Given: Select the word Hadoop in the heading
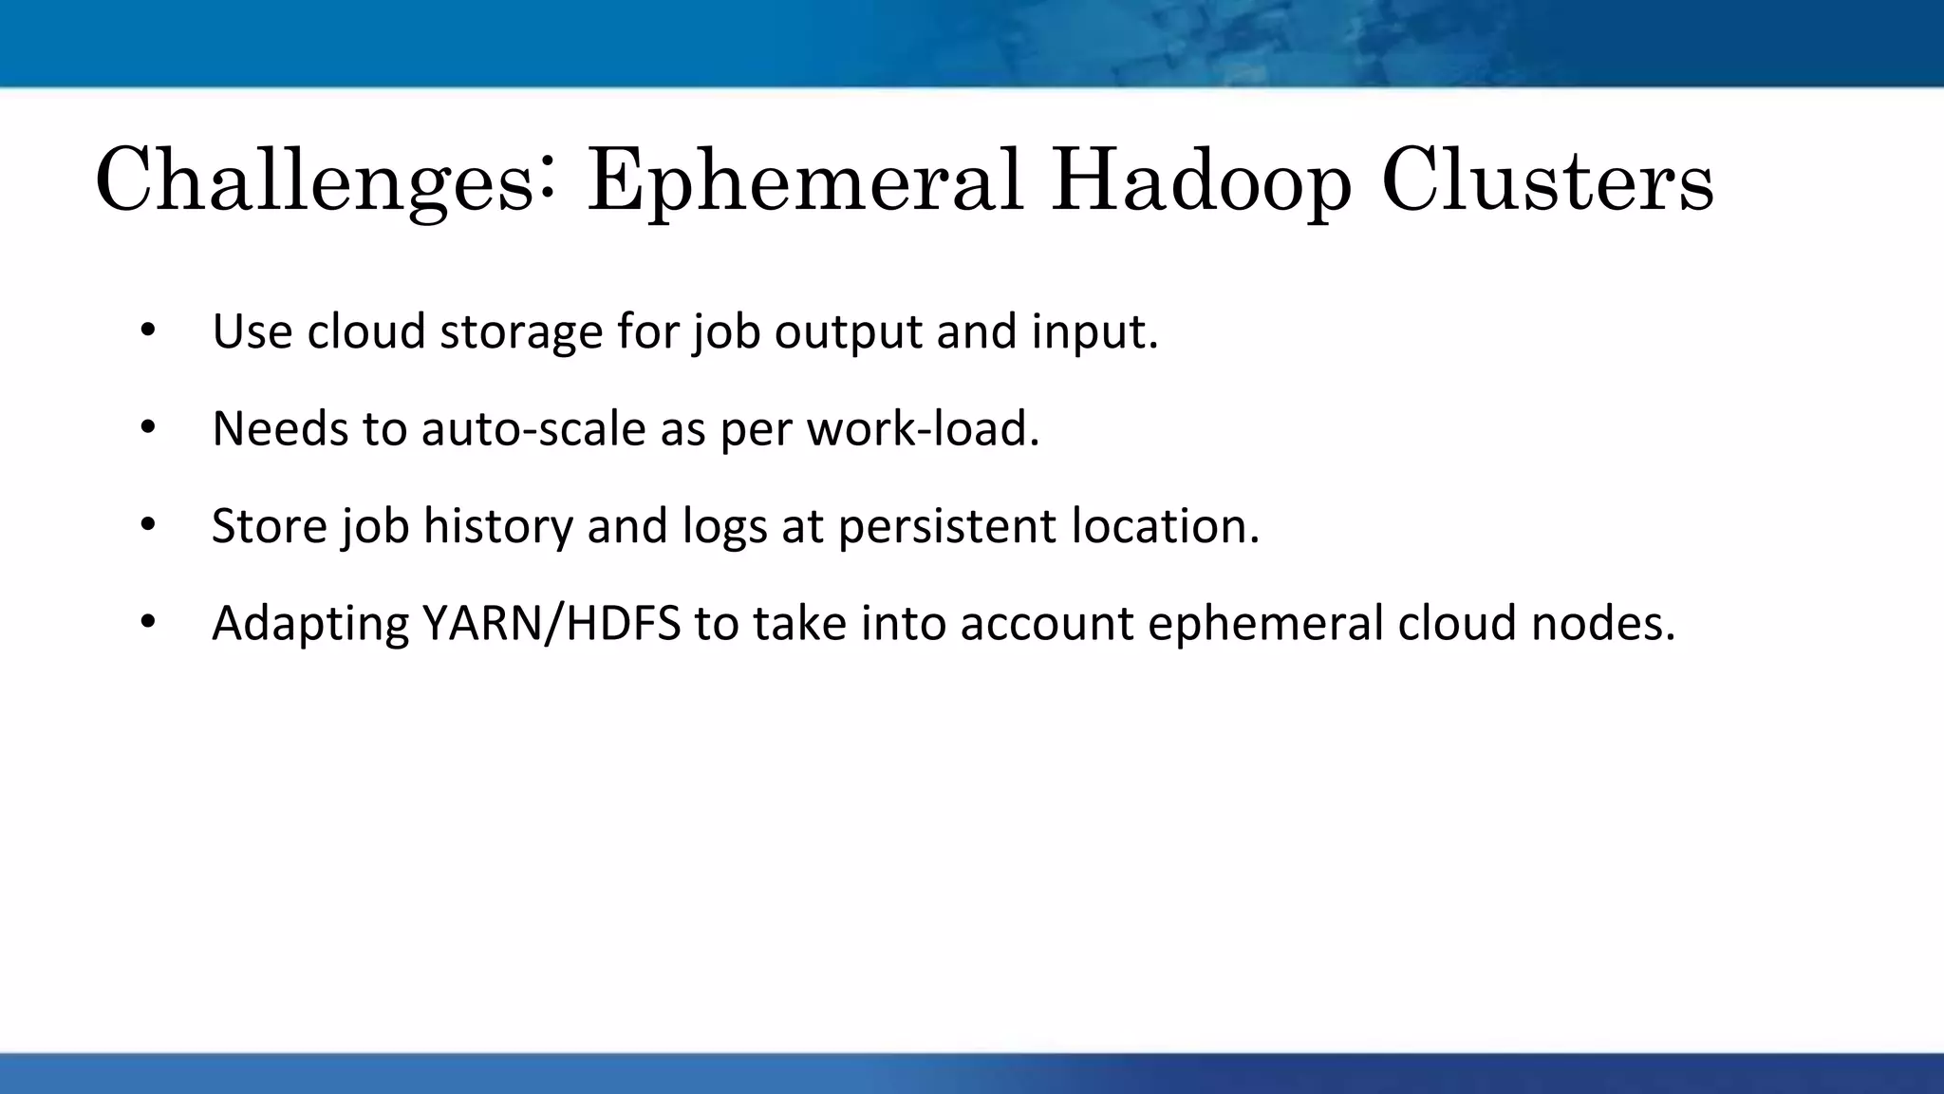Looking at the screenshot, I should click(x=1201, y=180).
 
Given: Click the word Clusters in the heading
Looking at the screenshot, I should click(x=1547, y=180).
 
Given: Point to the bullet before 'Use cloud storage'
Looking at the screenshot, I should click(x=147, y=331).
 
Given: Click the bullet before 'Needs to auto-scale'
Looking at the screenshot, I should click(x=147, y=428).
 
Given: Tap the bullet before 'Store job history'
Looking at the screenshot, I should click(x=147, y=525).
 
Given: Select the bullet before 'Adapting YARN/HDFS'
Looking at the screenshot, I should click(x=147, y=623).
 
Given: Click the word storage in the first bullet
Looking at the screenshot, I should click(x=521, y=332).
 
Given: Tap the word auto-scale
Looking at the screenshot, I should click(x=533, y=429).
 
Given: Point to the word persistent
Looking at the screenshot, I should click(x=946, y=526).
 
